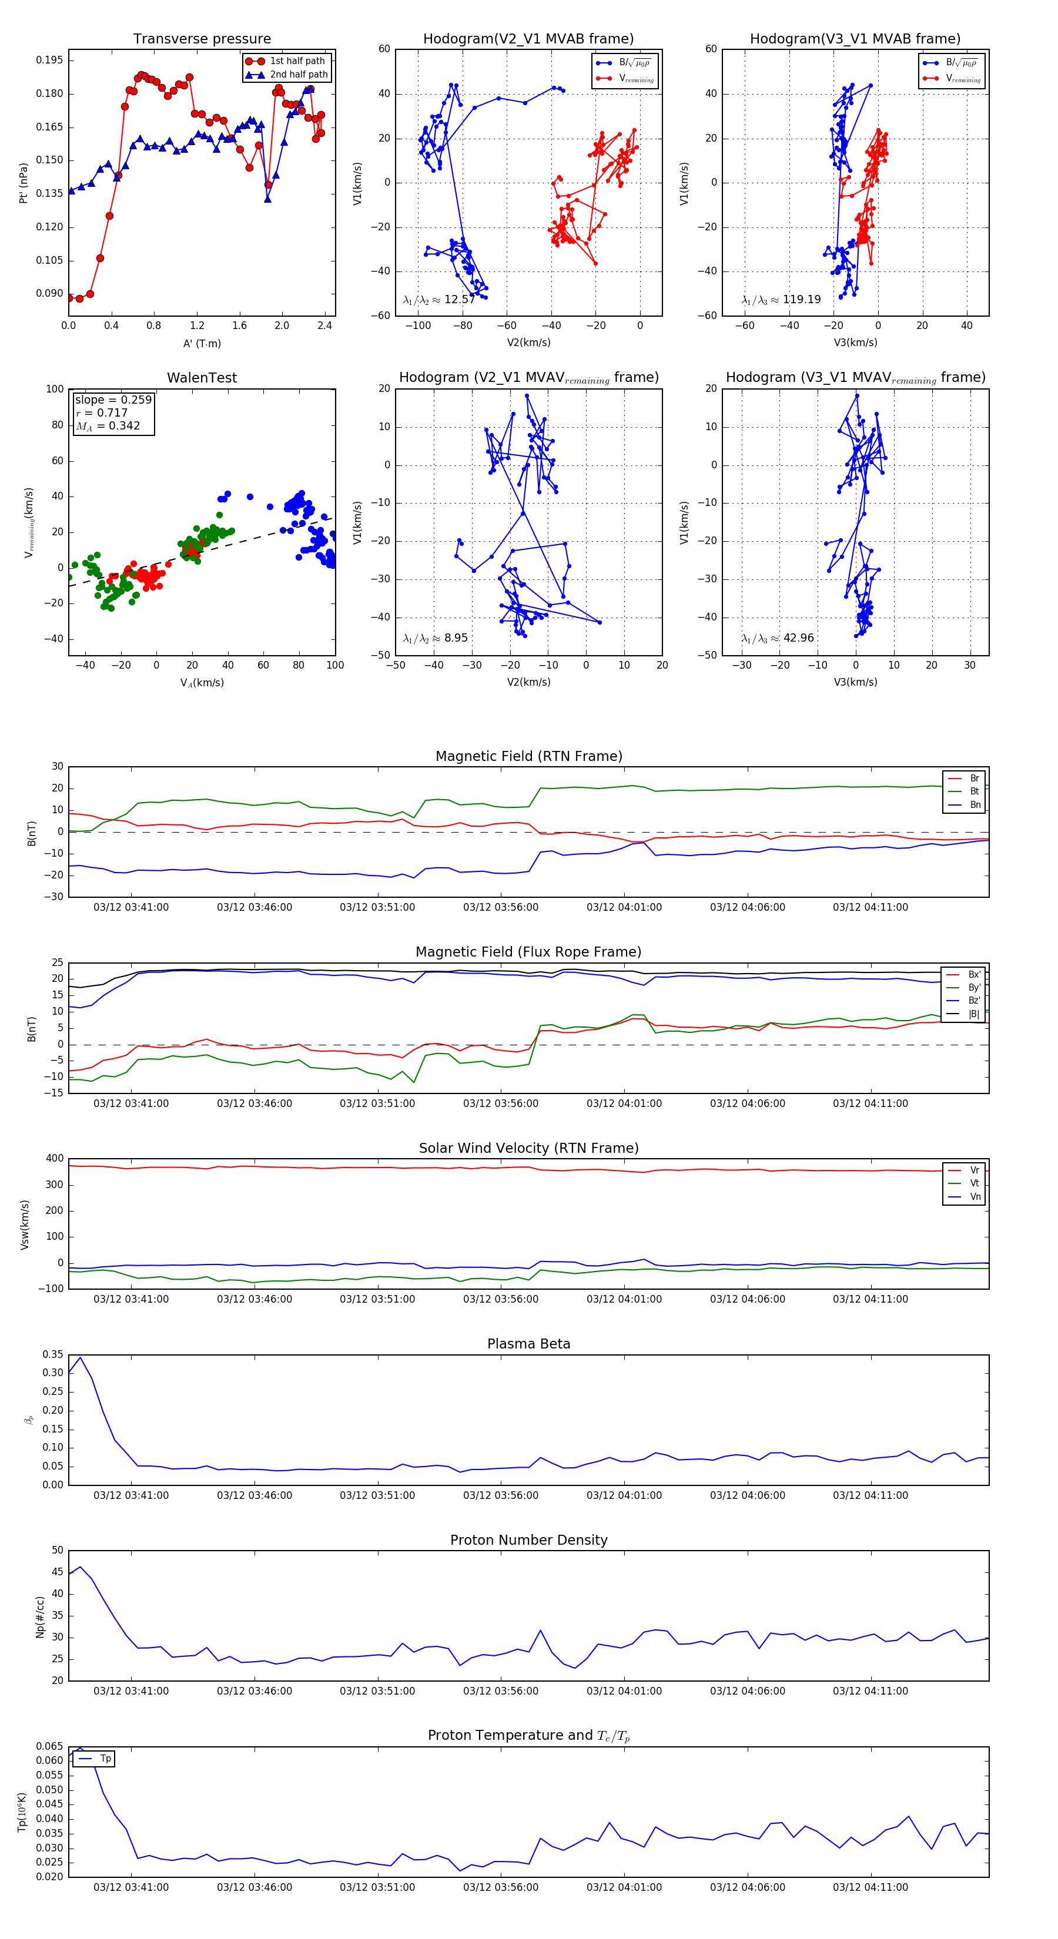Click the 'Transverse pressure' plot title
point(202,39)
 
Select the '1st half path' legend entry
point(297,61)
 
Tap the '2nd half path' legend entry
point(298,75)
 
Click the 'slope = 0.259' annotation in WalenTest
point(113,400)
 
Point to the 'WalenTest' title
point(202,378)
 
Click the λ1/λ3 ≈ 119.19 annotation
point(781,300)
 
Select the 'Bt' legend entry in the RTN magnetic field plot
point(974,791)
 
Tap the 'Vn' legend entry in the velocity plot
point(975,1197)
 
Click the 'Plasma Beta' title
point(528,1344)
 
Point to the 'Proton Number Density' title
point(528,1540)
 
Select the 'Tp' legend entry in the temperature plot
point(105,1759)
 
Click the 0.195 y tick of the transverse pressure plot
point(50,60)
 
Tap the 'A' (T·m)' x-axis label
point(202,344)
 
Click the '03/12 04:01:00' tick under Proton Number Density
point(624,1690)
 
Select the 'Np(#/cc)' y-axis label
point(40,1617)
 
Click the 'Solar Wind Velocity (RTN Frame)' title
point(528,1148)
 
